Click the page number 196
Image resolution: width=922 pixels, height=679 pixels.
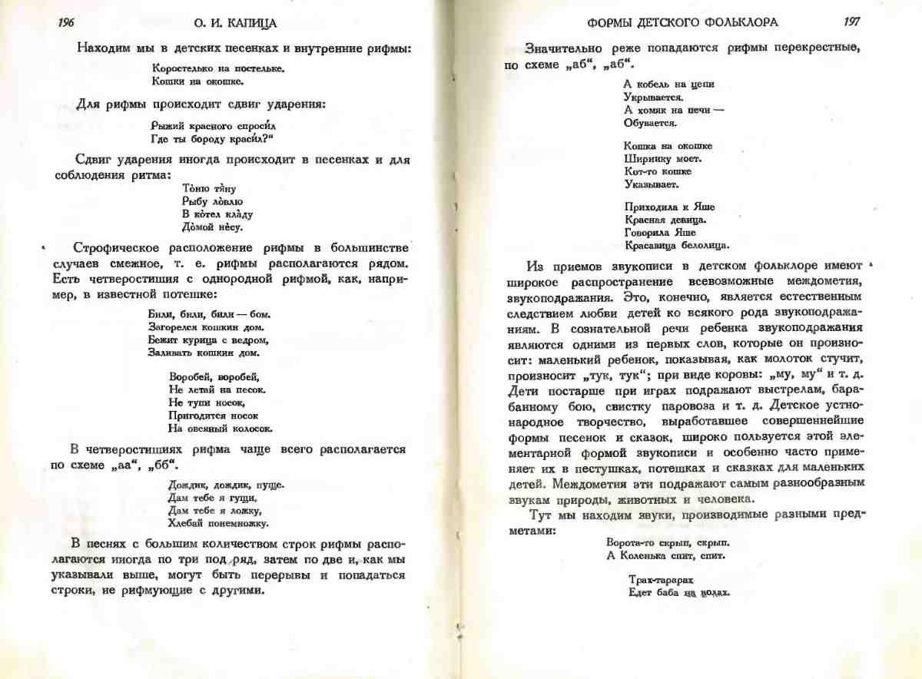(x=66, y=22)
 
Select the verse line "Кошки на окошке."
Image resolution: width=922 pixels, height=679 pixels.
(x=197, y=81)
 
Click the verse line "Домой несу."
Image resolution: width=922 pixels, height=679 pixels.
(x=213, y=227)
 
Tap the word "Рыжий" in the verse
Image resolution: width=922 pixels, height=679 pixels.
(x=170, y=125)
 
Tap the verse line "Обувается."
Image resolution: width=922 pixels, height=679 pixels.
(x=650, y=123)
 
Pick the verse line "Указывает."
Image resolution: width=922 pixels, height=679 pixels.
(x=652, y=184)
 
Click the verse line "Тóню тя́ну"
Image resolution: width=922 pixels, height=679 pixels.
(x=208, y=188)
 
